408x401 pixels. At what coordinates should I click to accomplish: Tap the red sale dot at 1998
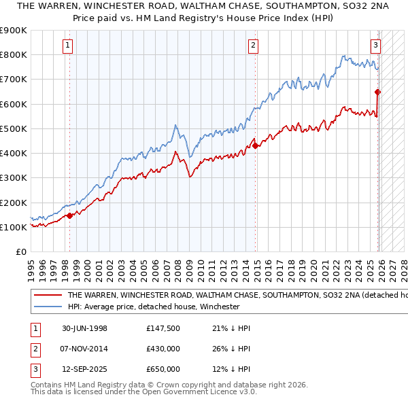[x=70, y=215]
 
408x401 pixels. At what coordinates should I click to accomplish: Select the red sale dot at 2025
[x=377, y=92]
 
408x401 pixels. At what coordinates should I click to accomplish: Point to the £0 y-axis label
[x=20, y=252]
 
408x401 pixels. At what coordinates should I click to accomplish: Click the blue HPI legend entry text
[x=153, y=307]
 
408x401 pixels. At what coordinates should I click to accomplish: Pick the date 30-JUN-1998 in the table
[x=84, y=328]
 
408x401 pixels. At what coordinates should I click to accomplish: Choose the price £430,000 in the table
[x=163, y=349]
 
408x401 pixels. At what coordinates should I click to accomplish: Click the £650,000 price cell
[x=163, y=369]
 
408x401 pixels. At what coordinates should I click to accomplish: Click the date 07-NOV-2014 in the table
[x=84, y=349]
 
